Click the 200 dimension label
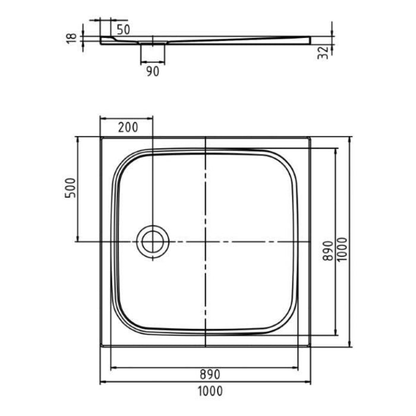pos(128,127)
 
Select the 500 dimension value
pos(70,189)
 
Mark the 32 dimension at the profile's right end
pos(324,52)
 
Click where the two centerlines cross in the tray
pos(205,242)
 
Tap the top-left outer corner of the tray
pos(100,137)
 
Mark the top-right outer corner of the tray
pos(310,137)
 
